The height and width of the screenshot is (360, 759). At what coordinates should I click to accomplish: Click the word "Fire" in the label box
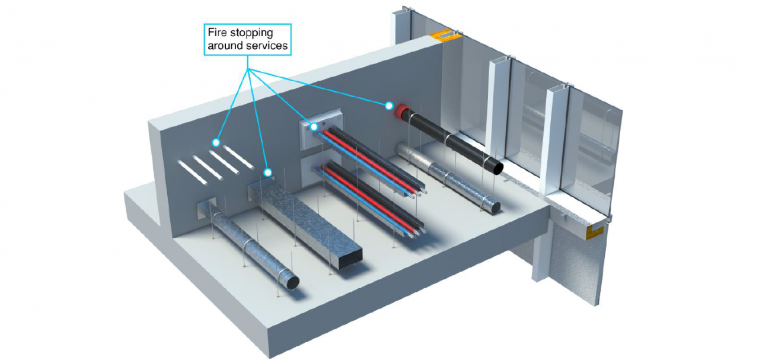217,33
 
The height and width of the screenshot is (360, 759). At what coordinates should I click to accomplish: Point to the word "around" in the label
223,46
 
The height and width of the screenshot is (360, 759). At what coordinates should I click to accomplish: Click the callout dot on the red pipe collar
389,106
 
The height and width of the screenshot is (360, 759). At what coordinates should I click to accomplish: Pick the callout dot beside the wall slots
216,142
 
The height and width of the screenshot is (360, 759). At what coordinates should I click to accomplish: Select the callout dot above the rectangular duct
268,173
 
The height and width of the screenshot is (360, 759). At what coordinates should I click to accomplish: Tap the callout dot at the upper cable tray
314,126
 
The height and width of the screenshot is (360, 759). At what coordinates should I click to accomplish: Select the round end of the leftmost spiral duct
291,281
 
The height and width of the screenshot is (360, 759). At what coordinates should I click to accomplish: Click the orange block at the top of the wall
447,36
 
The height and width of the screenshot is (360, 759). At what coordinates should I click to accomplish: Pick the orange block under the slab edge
595,231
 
